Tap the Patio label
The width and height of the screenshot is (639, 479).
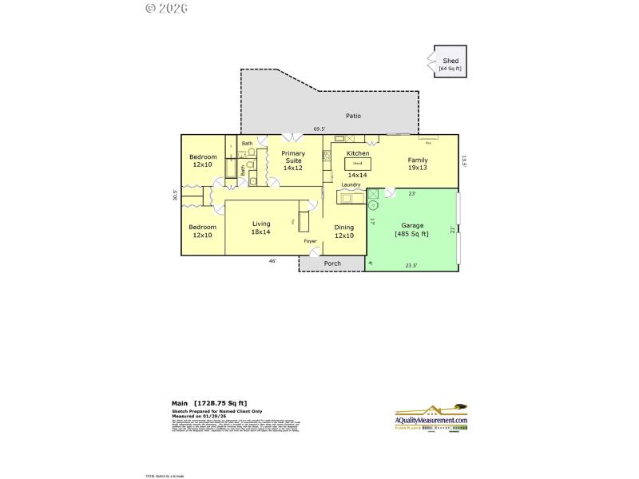(x=353, y=117)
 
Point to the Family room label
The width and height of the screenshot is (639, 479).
(x=418, y=164)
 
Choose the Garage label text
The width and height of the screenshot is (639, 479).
(x=412, y=230)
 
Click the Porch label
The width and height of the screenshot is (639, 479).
(x=332, y=263)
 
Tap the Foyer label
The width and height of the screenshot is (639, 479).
(x=310, y=241)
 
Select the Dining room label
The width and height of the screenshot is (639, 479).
(x=344, y=232)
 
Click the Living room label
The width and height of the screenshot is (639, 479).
(x=261, y=228)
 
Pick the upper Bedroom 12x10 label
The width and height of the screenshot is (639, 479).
(x=202, y=160)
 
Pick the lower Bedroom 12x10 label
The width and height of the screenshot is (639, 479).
(x=202, y=231)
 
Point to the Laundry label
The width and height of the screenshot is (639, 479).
(x=351, y=185)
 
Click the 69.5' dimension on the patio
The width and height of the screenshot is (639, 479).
(x=319, y=129)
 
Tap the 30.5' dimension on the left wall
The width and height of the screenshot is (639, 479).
(x=176, y=195)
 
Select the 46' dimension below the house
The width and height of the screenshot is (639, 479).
(x=272, y=261)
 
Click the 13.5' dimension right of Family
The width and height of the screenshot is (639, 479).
(x=463, y=160)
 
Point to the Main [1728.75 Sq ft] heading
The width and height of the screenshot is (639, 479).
(x=209, y=404)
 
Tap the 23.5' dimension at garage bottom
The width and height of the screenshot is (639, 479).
(x=411, y=266)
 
